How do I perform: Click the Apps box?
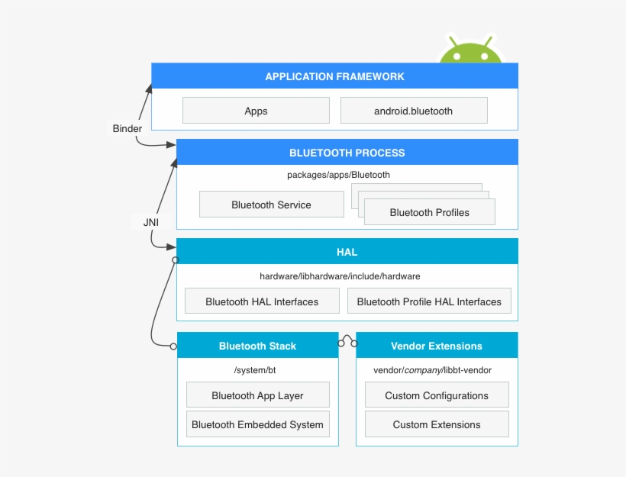[256, 111]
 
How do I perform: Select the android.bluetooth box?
[413, 111]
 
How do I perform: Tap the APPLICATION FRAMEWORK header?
[334, 76]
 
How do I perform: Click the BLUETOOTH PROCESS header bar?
[347, 153]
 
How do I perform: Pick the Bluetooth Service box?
[271, 205]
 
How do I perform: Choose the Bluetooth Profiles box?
[429, 212]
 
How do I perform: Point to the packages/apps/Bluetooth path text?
[338, 175]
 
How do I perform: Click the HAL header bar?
[347, 252]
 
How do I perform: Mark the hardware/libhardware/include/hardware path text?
[340, 276]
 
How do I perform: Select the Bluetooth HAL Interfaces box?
[262, 301]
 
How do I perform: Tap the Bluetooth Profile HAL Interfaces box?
[429, 301]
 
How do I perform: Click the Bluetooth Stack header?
[257, 346]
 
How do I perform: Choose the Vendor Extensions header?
[437, 346]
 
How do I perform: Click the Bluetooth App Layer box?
[257, 395]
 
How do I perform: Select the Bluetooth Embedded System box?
[257, 424]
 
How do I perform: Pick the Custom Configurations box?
[437, 395]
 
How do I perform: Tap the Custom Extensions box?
[437, 424]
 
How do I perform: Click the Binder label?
[127, 129]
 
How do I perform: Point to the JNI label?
[150, 222]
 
